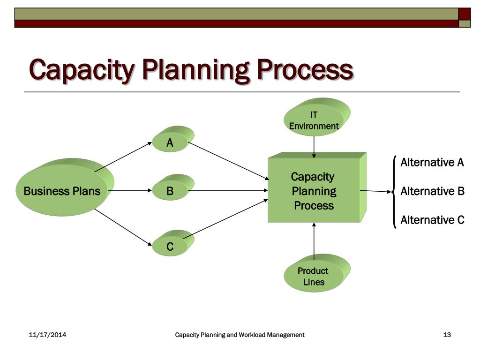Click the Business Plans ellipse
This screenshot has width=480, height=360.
(62, 191)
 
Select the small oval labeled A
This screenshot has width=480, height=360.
(170, 143)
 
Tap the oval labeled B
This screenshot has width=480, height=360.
(170, 191)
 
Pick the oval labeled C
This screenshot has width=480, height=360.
(170, 247)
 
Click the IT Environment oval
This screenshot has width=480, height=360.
(314, 120)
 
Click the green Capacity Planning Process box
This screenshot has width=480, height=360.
(314, 191)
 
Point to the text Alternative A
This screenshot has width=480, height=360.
(432, 163)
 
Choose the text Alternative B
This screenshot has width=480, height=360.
(432, 191)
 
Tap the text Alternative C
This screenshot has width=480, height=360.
(432, 220)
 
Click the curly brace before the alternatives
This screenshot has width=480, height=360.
(395, 191)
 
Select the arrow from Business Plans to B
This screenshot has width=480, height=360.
(129, 191)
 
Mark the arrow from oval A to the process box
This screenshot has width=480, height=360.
(227, 161)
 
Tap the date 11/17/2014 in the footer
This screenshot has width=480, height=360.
(47, 335)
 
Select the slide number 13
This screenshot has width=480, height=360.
(447, 335)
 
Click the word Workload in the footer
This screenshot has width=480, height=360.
(252, 335)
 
